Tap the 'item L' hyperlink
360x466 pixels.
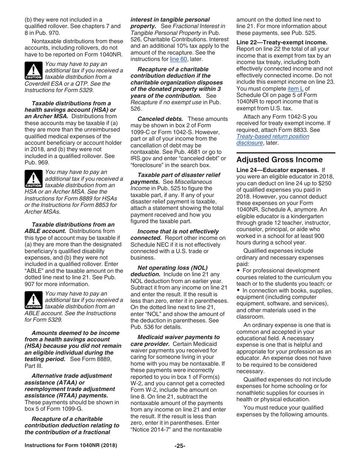tap(295, 89)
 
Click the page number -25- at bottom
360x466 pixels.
tap(180, 446)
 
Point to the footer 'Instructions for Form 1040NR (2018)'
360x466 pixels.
tap(71, 446)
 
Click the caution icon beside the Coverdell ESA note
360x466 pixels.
tap(33, 71)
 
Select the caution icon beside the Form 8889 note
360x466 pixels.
tap(33, 179)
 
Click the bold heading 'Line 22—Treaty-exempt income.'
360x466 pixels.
tap(282, 42)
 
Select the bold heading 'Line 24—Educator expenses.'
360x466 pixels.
tap(277, 170)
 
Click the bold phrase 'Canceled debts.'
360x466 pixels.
tap(160, 119)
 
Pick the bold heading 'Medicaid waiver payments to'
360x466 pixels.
tap(178, 337)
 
